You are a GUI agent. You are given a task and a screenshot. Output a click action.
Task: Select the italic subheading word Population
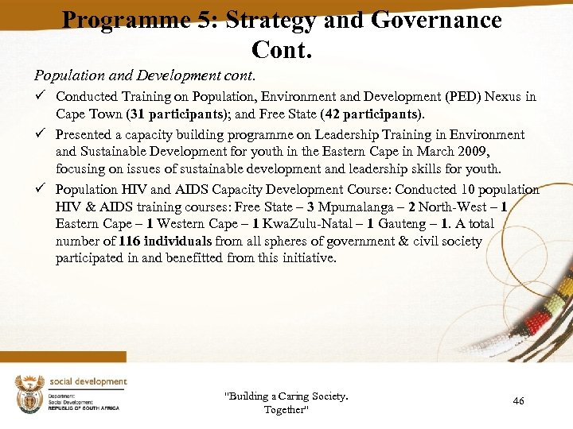pos(67,76)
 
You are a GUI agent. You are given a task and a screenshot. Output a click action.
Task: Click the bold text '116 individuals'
pos(165,241)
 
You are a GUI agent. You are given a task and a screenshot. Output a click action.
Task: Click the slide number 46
pos(518,401)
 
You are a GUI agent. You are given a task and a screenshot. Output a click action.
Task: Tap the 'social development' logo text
pos(88,381)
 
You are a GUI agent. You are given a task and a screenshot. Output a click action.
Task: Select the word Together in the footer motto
pos(285,410)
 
